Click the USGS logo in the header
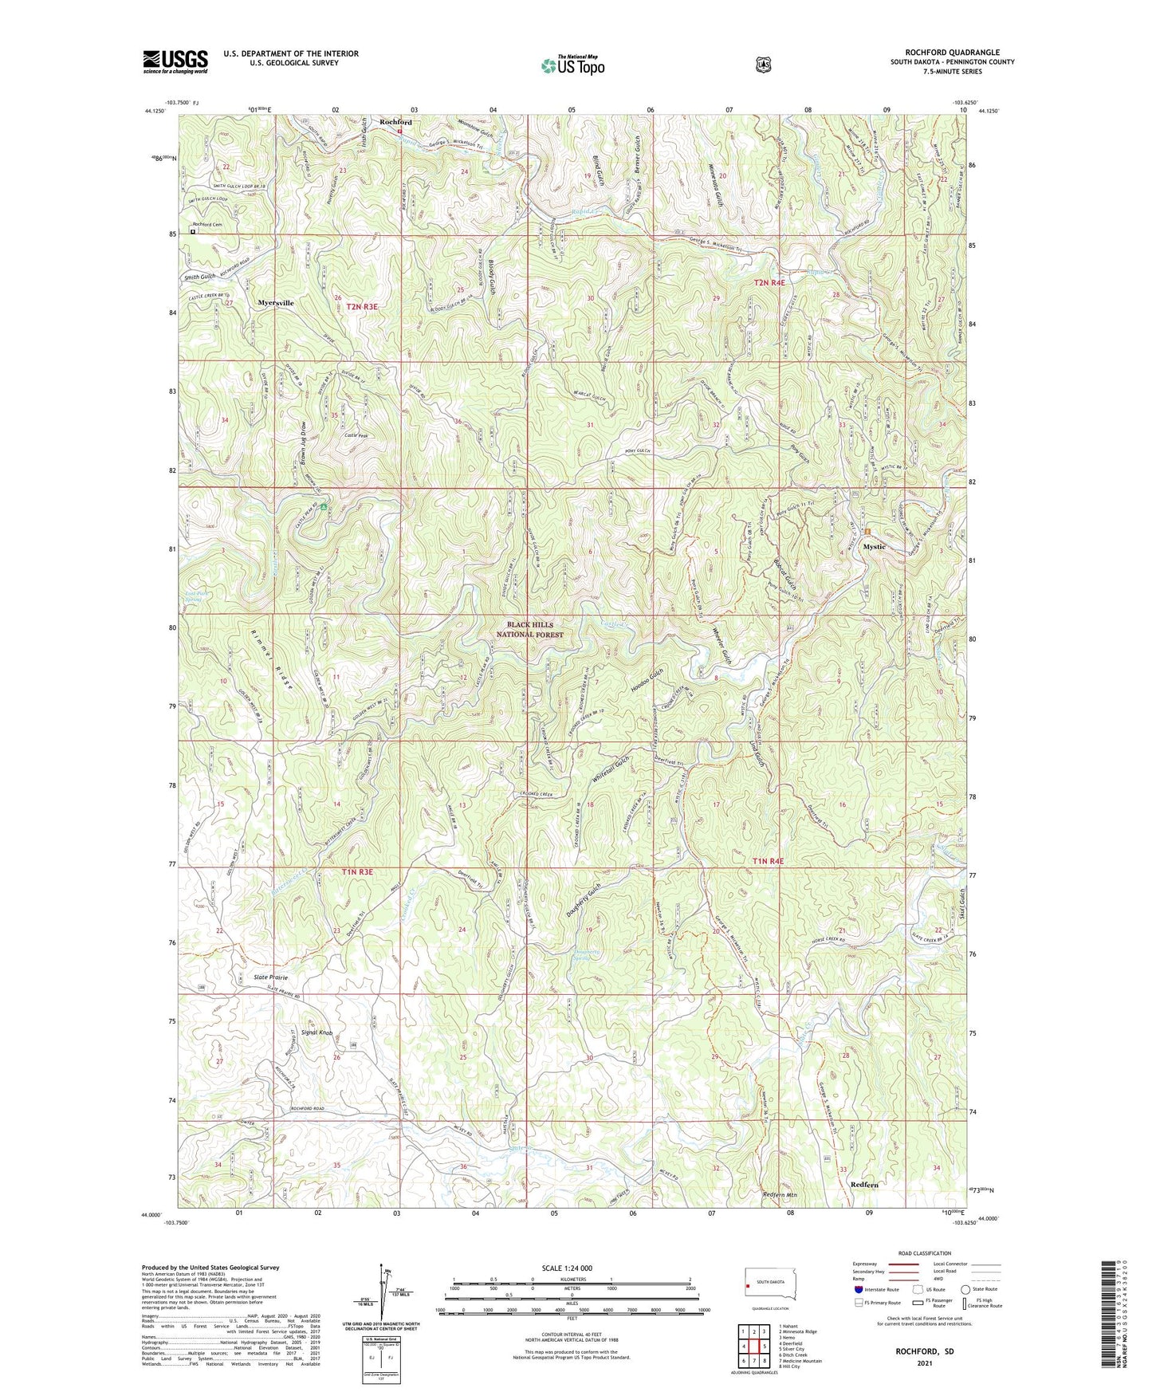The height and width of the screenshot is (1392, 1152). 175,61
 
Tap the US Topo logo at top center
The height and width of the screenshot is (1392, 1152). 572,65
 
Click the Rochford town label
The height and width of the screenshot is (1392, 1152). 395,122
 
